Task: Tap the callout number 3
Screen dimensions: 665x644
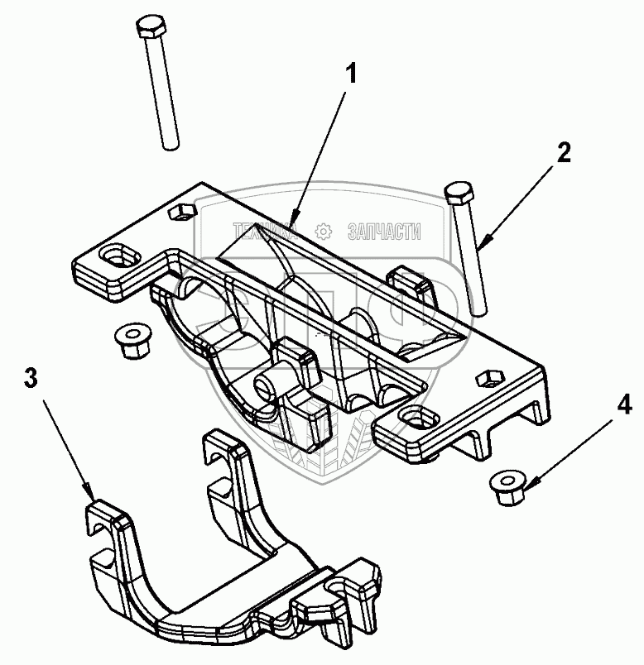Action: pyautogui.click(x=31, y=380)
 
